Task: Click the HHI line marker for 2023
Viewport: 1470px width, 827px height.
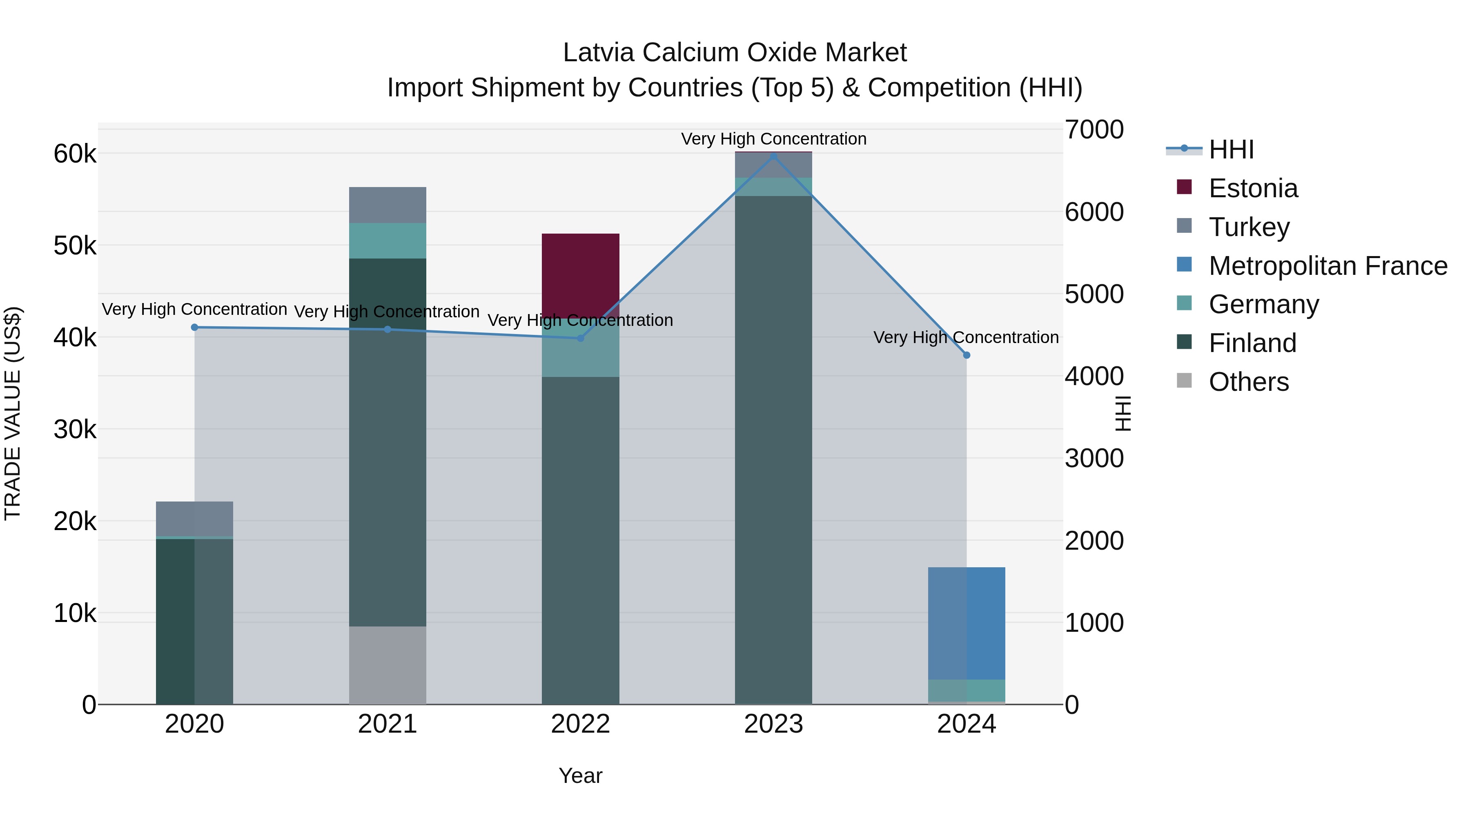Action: pos(773,156)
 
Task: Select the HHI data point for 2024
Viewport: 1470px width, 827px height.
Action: pos(966,355)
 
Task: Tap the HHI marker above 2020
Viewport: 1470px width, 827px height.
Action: pos(195,327)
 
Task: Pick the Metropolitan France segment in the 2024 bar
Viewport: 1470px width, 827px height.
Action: pos(966,623)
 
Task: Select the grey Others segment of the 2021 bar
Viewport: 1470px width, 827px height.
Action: pos(388,665)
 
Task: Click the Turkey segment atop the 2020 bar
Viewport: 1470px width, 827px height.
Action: pos(195,519)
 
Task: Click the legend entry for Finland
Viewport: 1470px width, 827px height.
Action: pos(1253,343)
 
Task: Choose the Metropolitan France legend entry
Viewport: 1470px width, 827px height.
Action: pos(1327,266)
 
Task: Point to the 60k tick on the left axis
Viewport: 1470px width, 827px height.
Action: pos(75,154)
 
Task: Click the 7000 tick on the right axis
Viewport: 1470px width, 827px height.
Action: pos(1094,129)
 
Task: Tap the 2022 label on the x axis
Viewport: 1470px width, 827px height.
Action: pos(580,724)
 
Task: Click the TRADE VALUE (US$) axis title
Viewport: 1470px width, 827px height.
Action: pos(13,413)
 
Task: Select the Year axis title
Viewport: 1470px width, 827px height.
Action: pos(580,776)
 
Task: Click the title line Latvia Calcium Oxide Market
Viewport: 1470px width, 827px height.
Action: pos(735,53)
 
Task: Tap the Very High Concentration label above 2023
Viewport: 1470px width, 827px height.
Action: pos(773,139)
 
